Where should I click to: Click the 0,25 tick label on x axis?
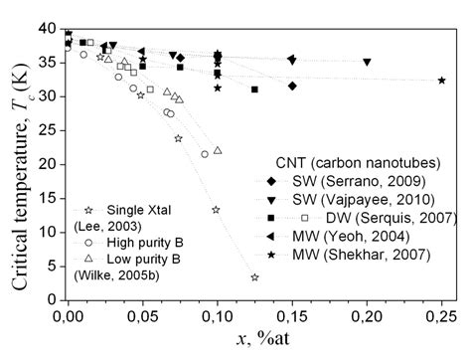[440, 315]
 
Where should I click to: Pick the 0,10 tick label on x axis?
[217, 315]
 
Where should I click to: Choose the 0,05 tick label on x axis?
[142, 315]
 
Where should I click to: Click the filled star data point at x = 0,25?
[441, 81]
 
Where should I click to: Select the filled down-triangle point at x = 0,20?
[367, 62]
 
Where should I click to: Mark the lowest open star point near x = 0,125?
[254, 277]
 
